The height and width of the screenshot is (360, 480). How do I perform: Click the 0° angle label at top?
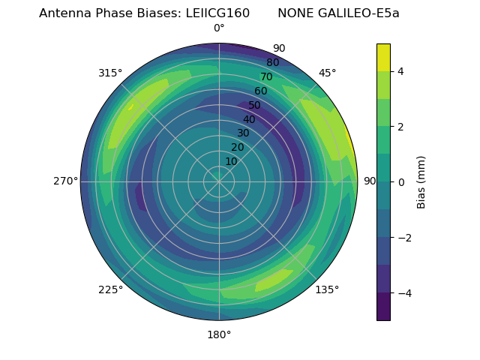point(219,28)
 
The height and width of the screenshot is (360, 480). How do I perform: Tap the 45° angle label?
point(327,73)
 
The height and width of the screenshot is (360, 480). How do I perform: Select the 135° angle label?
point(327,289)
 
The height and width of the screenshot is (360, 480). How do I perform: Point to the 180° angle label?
point(219,334)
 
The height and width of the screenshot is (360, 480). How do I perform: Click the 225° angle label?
point(110,289)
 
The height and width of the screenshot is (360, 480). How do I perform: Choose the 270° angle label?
point(65,181)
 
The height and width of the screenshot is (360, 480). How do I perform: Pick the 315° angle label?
point(110,73)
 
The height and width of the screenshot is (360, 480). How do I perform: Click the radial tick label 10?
point(232,161)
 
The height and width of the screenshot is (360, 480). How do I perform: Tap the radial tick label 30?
point(244,133)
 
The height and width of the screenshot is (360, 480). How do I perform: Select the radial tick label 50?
point(255,105)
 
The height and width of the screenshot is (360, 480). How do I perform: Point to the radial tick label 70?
point(266,76)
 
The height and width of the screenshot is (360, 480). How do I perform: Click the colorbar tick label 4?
point(401,71)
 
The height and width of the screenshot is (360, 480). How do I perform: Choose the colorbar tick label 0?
point(401,181)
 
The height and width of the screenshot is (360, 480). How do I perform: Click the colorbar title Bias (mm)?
point(421,181)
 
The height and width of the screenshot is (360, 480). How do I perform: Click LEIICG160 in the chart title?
point(217,13)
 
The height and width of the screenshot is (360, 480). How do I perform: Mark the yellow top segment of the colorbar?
point(383,57)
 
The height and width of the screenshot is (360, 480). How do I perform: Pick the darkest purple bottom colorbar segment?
point(383,307)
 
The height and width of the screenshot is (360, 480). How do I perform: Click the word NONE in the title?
point(294,13)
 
